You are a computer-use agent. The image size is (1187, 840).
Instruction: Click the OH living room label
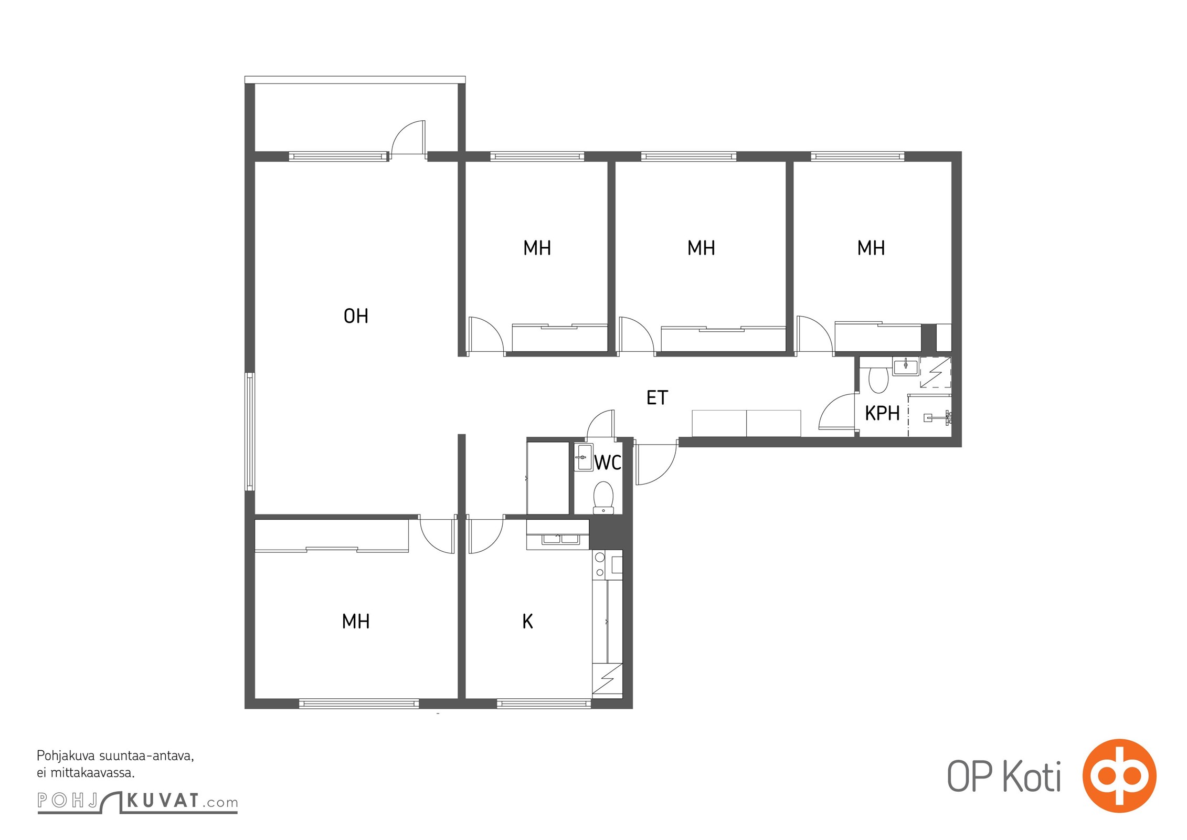(356, 316)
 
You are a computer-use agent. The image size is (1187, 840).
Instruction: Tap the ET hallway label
(657, 398)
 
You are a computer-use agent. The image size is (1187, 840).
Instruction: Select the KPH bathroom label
(882, 414)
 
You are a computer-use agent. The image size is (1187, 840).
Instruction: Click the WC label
(608, 463)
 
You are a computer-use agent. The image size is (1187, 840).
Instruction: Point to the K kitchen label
(527, 622)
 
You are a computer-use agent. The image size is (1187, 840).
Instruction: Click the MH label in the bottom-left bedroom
(356, 622)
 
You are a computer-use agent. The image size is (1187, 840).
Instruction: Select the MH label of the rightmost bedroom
(871, 248)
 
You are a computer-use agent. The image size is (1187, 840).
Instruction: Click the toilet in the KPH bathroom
(878, 379)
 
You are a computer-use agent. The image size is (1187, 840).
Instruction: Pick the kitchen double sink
(558, 539)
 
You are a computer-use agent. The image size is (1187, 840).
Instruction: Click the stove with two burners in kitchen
(600, 564)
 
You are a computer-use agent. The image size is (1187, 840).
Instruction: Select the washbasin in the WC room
(583, 457)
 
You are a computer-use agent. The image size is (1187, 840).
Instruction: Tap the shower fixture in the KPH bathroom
(938, 417)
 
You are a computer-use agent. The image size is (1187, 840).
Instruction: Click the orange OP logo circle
(1119, 775)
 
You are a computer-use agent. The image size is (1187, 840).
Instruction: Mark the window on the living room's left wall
(250, 432)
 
